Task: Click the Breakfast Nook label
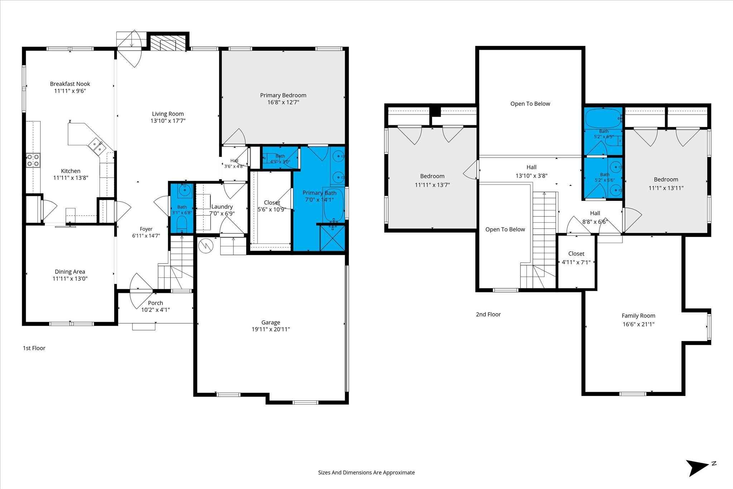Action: click(70, 84)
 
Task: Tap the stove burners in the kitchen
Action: click(33, 160)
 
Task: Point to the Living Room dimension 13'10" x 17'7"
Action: click(168, 121)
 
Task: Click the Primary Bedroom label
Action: click(283, 95)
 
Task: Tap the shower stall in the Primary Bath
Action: click(332, 238)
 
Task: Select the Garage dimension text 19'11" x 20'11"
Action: click(271, 329)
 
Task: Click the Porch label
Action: click(155, 303)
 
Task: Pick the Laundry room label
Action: click(222, 207)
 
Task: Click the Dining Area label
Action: click(70, 272)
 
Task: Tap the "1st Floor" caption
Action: click(34, 348)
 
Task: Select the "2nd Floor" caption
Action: click(488, 314)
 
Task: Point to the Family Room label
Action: click(639, 316)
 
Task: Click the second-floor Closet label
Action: click(576, 253)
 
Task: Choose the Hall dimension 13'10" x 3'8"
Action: click(531, 176)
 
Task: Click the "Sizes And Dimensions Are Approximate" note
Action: click(366, 473)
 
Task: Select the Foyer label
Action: click(146, 229)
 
